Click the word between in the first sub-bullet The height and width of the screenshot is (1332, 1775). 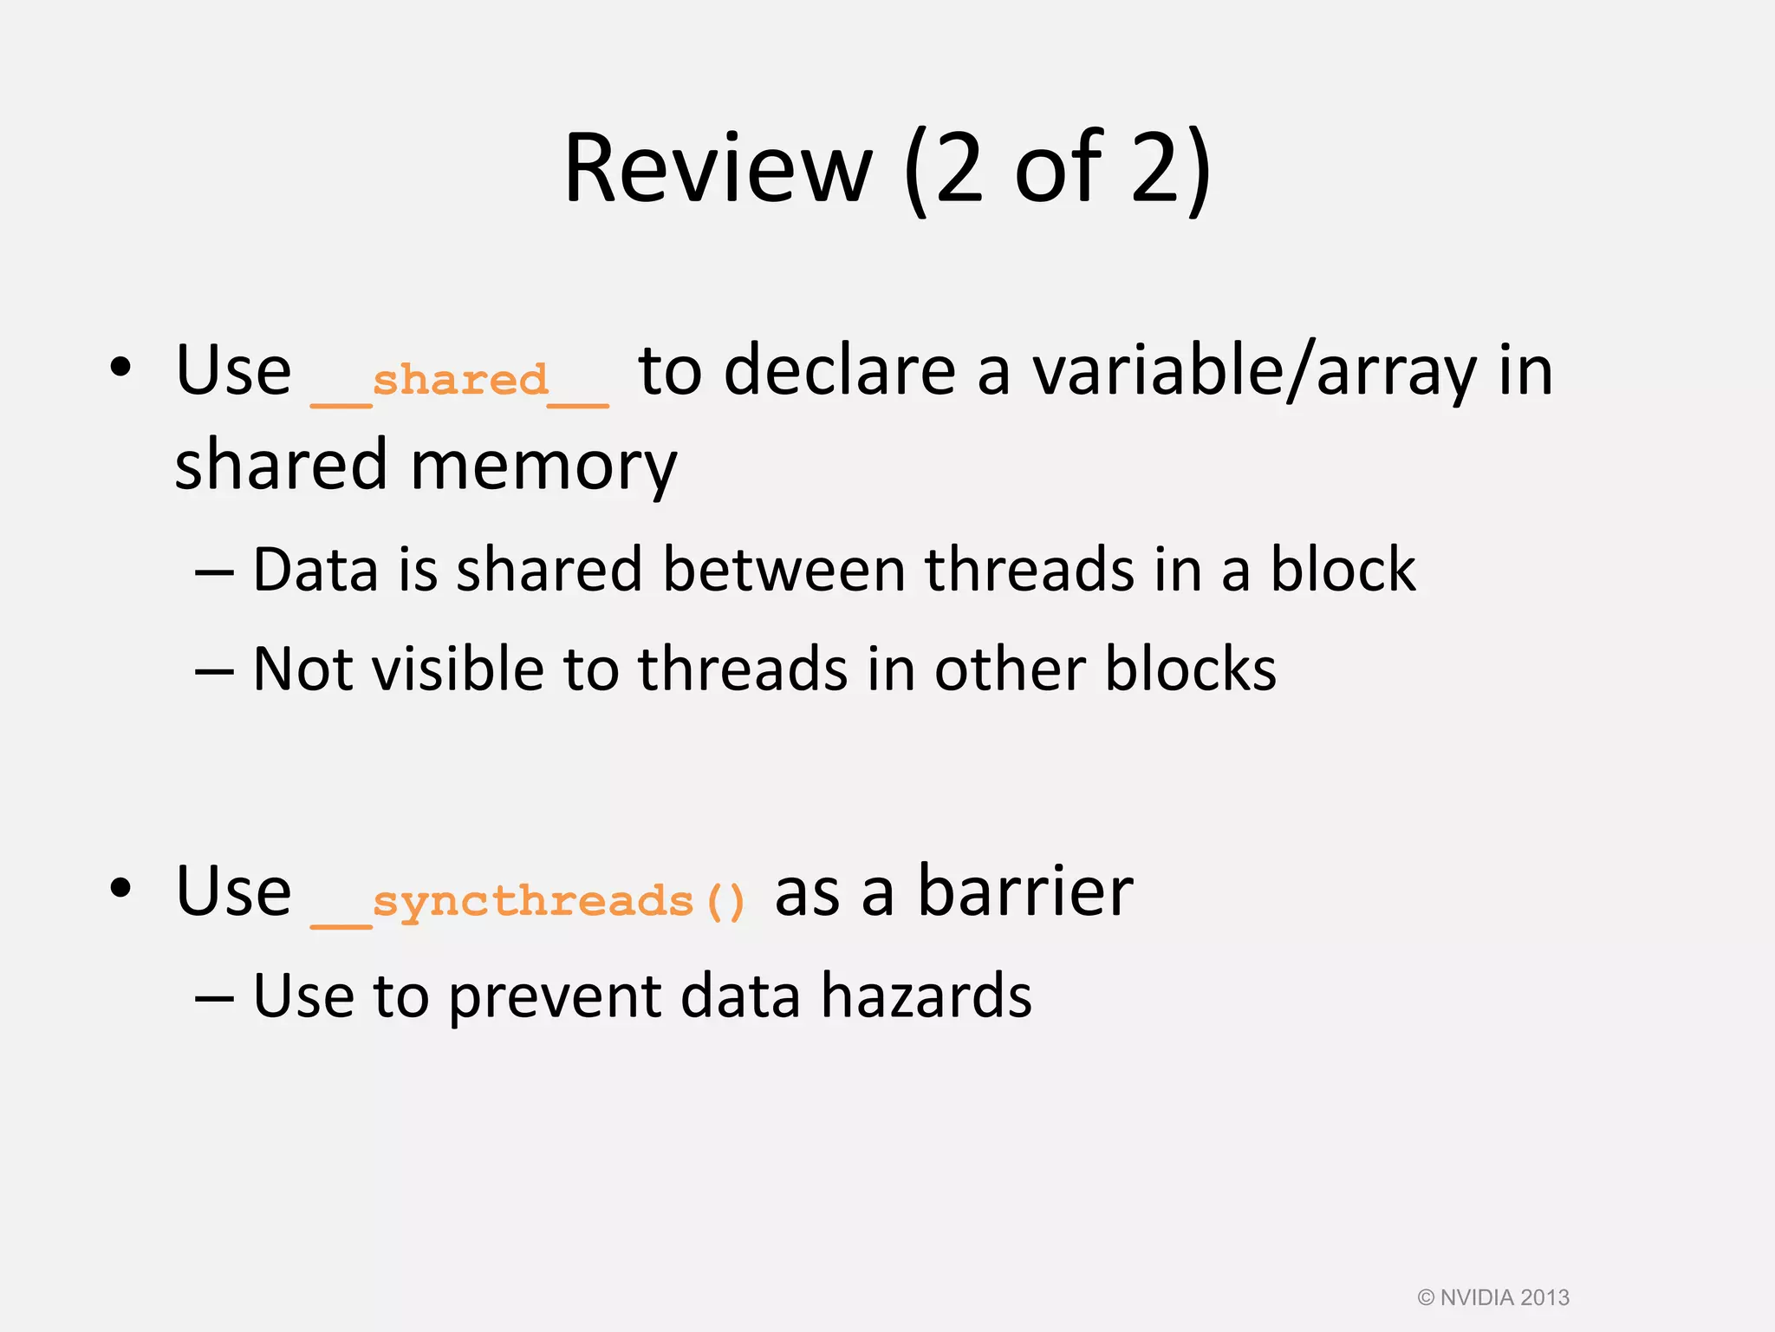(783, 571)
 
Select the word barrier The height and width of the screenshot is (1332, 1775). (1024, 891)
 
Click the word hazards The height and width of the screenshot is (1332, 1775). (927, 996)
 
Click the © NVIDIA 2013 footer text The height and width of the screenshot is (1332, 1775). (1492, 1297)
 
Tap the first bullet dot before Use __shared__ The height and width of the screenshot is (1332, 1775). (120, 368)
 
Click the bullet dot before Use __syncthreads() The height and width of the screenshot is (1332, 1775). (120, 888)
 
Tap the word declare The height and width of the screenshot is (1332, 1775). (840, 371)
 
